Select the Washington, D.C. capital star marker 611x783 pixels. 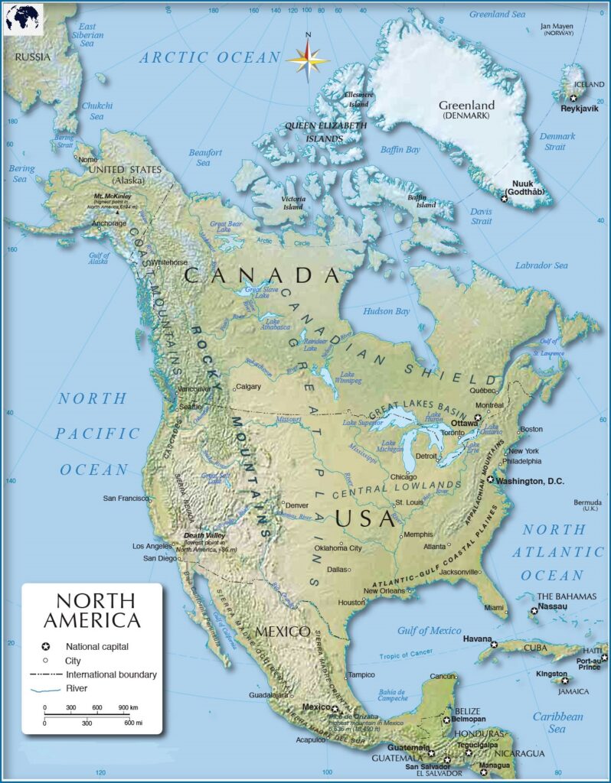(490, 480)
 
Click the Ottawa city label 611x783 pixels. (464, 422)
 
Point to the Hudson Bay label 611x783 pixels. (387, 311)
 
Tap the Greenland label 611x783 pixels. (466, 106)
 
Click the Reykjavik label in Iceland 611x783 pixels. (578, 109)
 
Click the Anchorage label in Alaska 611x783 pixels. (109, 223)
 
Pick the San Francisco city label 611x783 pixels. (126, 499)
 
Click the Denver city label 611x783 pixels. (298, 505)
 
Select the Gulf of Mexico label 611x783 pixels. (430, 630)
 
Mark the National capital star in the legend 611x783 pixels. (45, 646)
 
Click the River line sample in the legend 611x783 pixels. (45, 688)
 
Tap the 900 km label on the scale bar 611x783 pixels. (128, 707)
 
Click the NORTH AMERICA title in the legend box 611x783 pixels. (92, 609)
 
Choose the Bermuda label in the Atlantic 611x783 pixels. (588, 502)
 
